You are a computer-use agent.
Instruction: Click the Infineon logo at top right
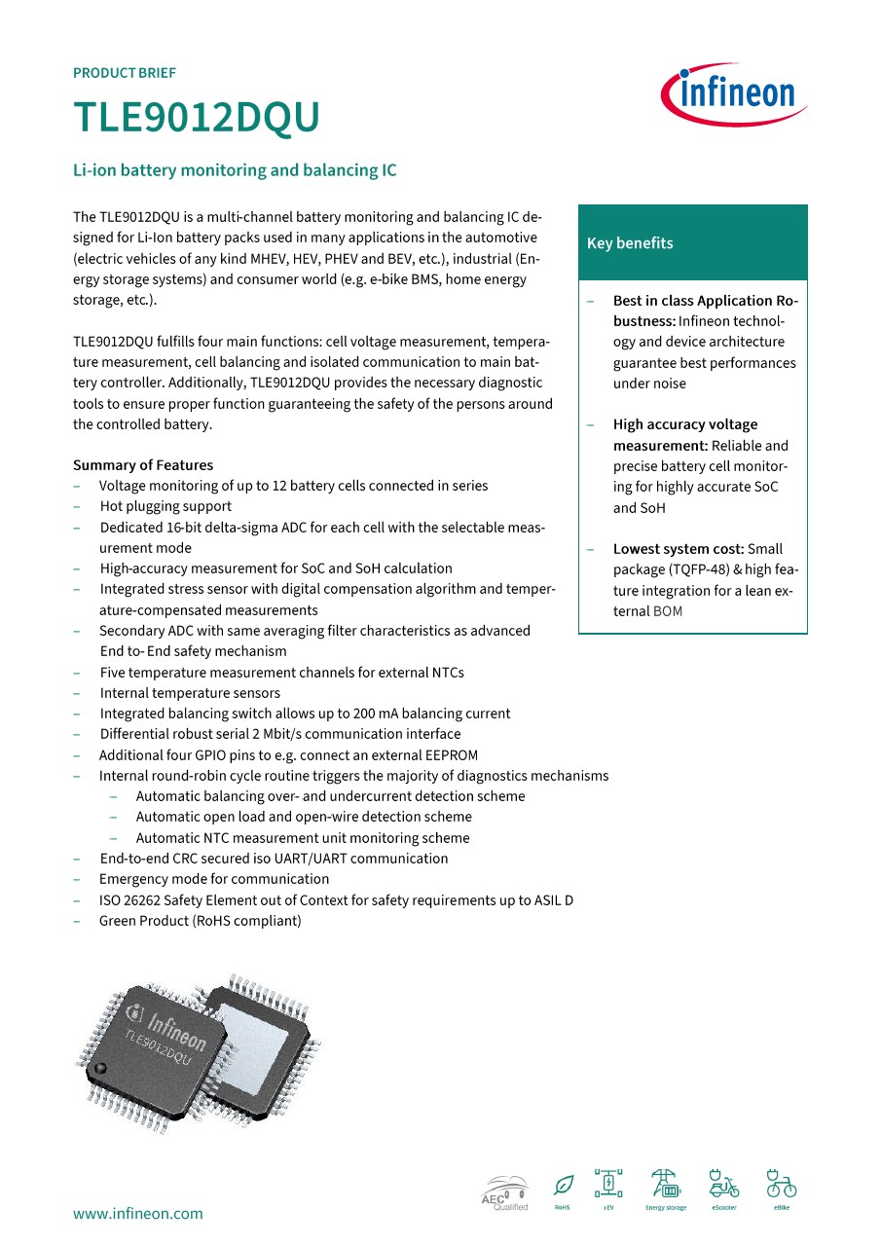[x=733, y=95]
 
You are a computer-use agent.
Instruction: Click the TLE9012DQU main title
[x=197, y=119]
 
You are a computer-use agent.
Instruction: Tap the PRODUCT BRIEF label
[x=125, y=73]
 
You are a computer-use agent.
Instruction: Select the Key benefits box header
[x=692, y=243]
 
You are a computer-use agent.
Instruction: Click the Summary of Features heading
[x=143, y=465]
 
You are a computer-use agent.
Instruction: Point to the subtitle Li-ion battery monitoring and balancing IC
[x=235, y=170]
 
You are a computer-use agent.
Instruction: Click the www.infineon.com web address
[x=138, y=1213]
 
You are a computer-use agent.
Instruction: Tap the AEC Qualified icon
[x=505, y=1191]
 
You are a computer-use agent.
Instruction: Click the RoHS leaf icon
[x=563, y=1187]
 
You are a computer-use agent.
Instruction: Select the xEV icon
[x=608, y=1185]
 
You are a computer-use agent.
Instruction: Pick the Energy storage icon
[x=665, y=1185]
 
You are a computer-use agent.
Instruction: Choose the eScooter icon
[x=723, y=1185]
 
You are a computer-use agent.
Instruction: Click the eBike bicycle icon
[x=781, y=1185]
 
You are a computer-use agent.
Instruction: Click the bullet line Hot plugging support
[x=165, y=506]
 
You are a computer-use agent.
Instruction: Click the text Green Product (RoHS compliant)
[x=201, y=921]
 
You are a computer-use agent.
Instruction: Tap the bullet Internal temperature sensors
[x=190, y=693]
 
